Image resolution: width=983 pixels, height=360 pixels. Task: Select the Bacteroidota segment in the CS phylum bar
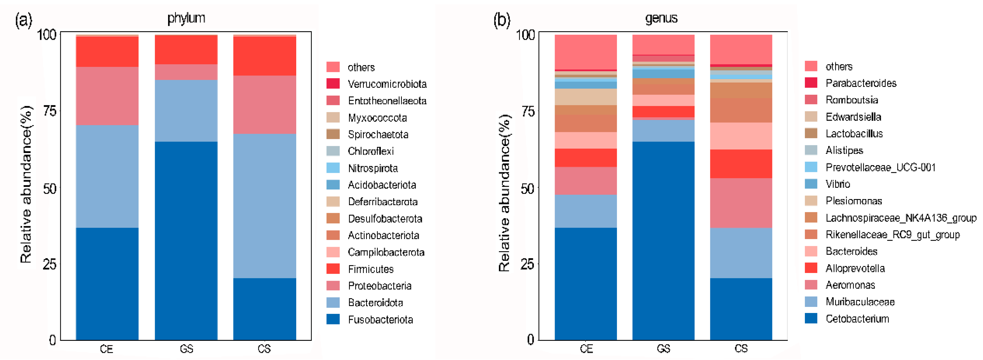coord(264,206)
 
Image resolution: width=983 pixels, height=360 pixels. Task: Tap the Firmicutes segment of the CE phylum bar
coord(107,51)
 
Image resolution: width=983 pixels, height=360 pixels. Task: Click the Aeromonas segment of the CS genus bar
coord(741,203)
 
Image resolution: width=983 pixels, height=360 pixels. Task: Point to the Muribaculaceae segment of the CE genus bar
coord(586,211)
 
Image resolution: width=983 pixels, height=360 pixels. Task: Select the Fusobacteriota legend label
coord(380,320)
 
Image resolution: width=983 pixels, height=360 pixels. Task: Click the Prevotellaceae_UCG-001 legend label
coord(880,167)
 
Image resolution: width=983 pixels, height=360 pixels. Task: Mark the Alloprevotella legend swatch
coord(811,268)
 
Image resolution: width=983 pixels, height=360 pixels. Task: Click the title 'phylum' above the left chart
coord(186,18)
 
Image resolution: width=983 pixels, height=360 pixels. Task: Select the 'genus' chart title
coord(661,18)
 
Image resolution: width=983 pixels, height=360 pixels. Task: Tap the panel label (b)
coord(502,20)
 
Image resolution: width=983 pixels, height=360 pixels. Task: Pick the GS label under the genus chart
coord(664,349)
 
